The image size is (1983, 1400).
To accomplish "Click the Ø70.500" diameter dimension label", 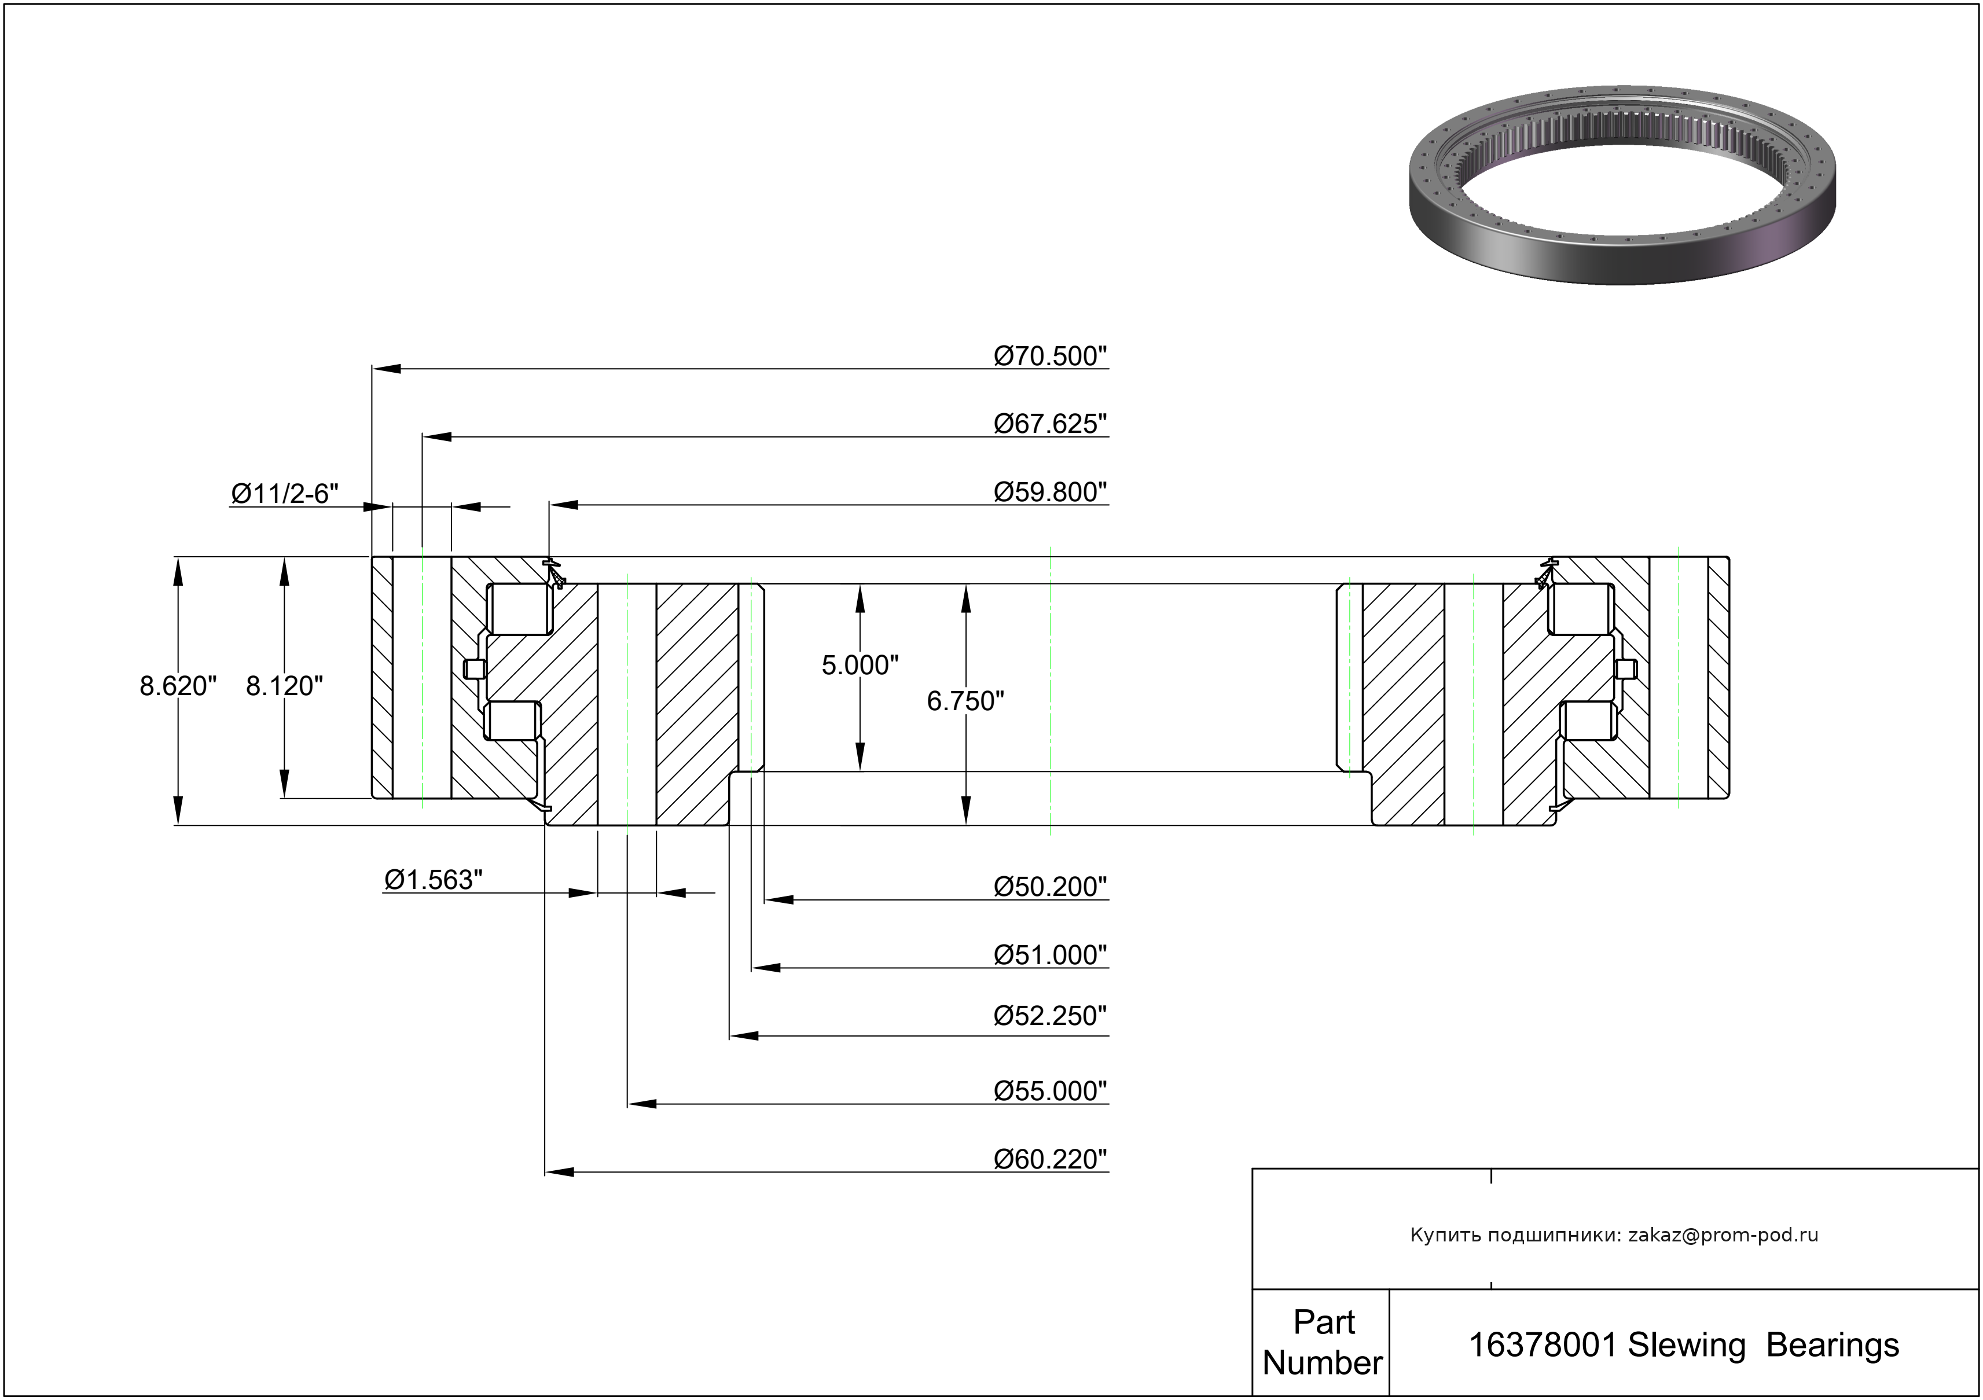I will tap(1049, 356).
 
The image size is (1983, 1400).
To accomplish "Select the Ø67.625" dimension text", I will tap(1049, 424).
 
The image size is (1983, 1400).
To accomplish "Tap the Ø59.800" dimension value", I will tap(1049, 493).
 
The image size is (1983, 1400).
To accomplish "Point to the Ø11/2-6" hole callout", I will tap(284, 494).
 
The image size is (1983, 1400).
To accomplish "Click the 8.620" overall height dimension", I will tap(178, 686).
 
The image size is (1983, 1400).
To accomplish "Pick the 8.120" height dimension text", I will tap(284, 686).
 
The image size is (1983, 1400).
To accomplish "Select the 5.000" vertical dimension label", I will tap(860, 665).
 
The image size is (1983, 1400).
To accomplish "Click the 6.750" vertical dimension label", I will tap(965, 701).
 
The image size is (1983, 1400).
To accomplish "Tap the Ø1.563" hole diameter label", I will tap(433, 879).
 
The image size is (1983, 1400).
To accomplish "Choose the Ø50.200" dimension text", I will tap(1049, 887).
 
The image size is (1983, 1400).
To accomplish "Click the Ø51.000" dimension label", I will tap(1049, 955).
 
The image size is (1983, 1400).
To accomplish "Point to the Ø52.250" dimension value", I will tap(1049, 1016).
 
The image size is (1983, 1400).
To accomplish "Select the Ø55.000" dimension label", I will tap(1049, 1091).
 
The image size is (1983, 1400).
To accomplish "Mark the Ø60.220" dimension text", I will tap(1049, 1159).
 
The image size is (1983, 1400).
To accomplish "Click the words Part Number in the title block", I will tap(1322, 1343).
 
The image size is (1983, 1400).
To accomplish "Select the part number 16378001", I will tap(1543, 1346).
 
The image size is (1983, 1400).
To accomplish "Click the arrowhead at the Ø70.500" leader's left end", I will tap(385, 369).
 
